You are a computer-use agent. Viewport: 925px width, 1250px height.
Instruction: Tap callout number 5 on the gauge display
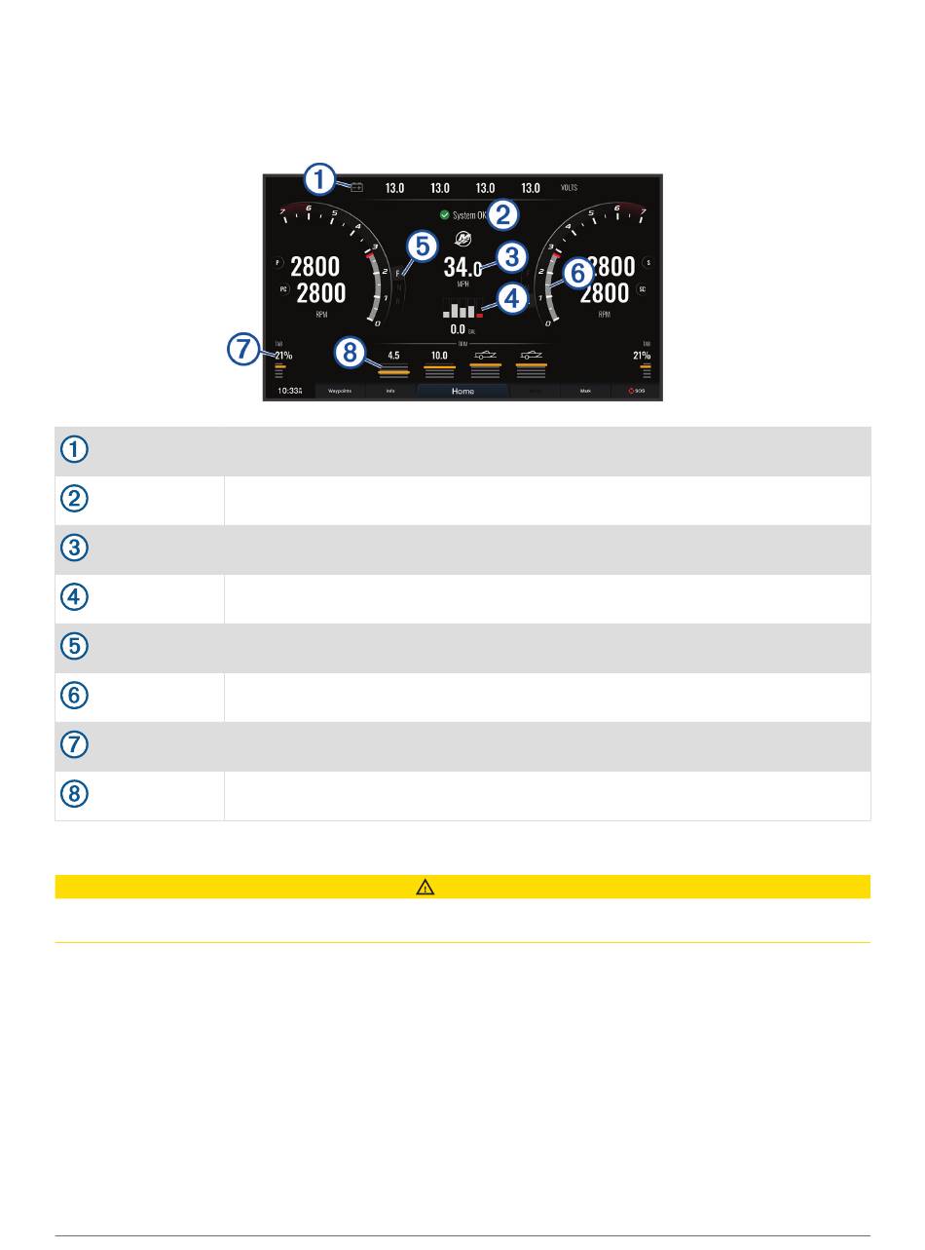(x=422, y=247)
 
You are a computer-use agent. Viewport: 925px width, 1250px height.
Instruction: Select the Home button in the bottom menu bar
(x=462, y=391)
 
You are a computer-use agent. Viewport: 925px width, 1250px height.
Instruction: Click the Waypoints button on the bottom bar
(x=340, y=391)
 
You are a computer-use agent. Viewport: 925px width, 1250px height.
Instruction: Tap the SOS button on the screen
(x=638, y=391)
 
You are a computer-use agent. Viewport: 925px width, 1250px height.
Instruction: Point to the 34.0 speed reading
(x=462, y=268)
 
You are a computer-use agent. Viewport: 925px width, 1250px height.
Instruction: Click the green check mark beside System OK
(x=444, y=215)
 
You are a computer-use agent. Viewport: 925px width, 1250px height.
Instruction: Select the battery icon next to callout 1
(x=356, y=187)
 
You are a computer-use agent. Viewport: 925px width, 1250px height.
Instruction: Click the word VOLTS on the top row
(x=570, y=187)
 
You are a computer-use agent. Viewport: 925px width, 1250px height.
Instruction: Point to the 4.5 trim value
(x=393, y=356)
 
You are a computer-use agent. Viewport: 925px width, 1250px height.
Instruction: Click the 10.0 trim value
(x=439, y=356)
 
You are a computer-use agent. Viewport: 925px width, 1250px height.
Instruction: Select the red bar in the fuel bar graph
(x=480, y=316)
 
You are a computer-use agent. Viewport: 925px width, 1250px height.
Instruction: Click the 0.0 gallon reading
(x=457, y=329)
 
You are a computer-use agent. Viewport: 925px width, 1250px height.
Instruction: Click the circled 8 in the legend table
(x=75, y=795)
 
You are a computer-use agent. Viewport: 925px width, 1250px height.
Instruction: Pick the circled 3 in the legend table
(x=75, y=549)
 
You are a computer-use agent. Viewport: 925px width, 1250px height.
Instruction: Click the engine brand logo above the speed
(x=462, y=239)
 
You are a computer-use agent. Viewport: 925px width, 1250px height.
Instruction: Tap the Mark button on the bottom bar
(x=585, y=391)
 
